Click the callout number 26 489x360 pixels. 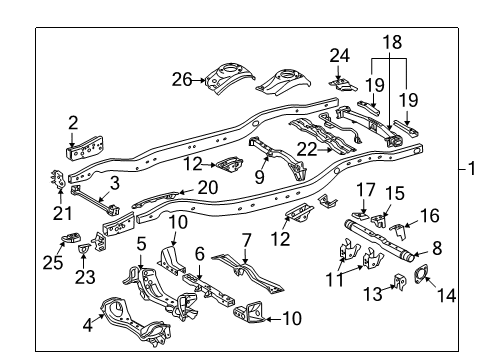[182, 78]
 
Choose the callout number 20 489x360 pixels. [207, 187]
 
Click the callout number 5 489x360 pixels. [141, 242]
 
